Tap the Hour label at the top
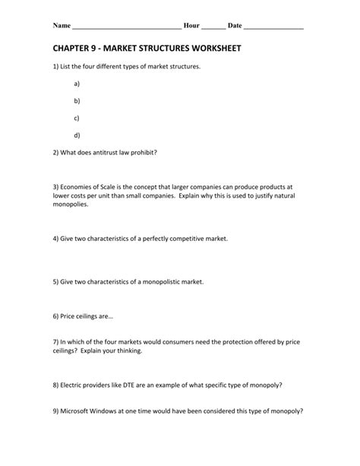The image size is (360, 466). (x=191, y=26)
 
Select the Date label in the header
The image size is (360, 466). (x=235, y=26)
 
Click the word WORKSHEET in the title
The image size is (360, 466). (x=214, y=48)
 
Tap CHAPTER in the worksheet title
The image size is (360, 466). (x=77, y=48)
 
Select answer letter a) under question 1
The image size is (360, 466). (x=77, y=84)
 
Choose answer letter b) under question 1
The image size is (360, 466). (x=77, y=100)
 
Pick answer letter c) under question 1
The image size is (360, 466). (x=77, y=118)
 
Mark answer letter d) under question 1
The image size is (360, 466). (x=77, y=135)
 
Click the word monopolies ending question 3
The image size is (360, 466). (x=72, y=204)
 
